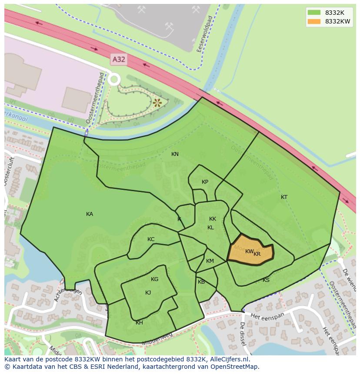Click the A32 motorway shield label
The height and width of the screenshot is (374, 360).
pyautogui.click(x=119, y=59)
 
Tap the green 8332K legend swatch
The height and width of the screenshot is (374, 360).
pyautogui.click(x=313, y=13)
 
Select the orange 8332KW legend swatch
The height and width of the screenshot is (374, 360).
pyautogui.click(x=313, y=21)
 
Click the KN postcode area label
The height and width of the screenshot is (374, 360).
pyautogui.click(x=175, y=154)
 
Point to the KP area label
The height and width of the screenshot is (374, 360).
pyautogui.click(x=205, y=182)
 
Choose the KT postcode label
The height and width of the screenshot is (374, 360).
pyautogui.click(x=284, y=197)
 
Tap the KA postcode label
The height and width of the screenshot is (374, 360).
pyautogui.click(x=90, y=214)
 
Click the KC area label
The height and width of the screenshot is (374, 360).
pyautogui.click(x=151, y=239)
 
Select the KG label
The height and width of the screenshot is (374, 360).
pyautogui.click(x=154, y=279)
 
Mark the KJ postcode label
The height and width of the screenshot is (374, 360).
pyautogui.click(x=148, y=293)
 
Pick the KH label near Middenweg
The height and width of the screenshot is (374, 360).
pyautogui.click(x=139, y=323)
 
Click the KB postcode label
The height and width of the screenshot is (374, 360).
pyautogui.click(x=201, y=282)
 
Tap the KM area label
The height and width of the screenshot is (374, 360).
pyautogui.click(x=210, y=261)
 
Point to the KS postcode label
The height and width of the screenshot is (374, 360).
pyautogui.click(x=266, y=280)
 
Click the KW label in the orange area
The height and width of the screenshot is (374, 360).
pyautogui.click(x=249, y=252)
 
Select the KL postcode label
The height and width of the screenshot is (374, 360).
pyautogui.click(x=210, y=228)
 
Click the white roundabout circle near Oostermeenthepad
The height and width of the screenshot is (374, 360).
pyautogui.click(x=114, y=79)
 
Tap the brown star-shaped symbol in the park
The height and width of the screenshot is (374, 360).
pyautogui.click(x=157, y=103)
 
